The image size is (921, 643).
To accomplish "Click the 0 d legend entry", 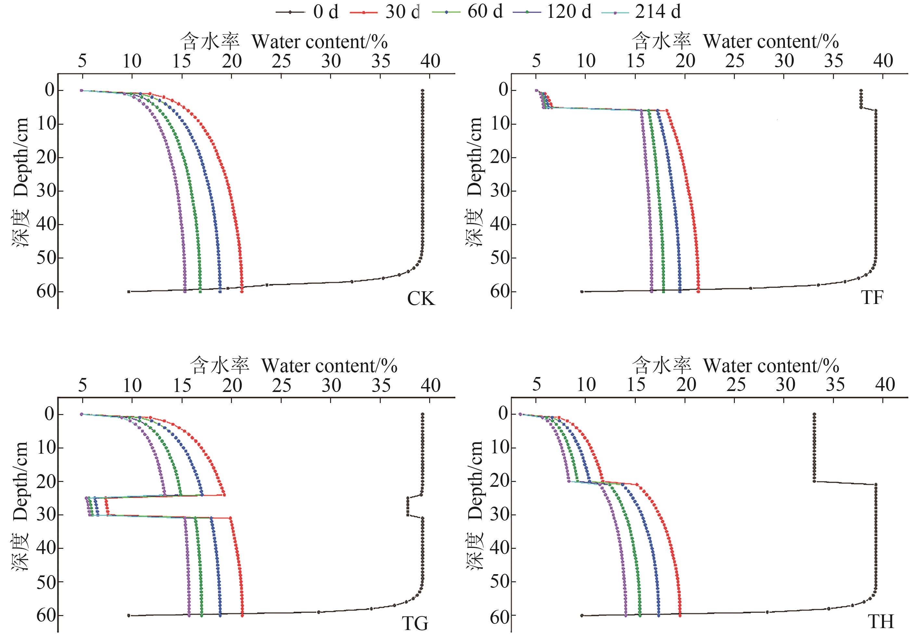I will (x=307, y=12).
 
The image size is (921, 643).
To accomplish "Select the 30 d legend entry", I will (x=385, y=12).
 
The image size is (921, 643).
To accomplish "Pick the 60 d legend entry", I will (x=467, y=12).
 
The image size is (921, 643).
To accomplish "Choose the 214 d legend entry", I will (x=641, y=12).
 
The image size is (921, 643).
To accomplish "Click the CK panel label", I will (x=421, y=299).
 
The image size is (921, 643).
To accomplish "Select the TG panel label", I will (x=415, y=624).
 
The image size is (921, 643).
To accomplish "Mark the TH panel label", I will (x=881, y=622).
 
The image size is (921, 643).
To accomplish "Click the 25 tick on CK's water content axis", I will (x=281, y=61).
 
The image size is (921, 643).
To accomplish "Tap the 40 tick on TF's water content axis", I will (x=884, y=61).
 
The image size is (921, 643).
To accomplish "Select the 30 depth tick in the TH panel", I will (x=500, y=514).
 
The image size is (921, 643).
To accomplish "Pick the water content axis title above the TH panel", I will (x=735, y=365).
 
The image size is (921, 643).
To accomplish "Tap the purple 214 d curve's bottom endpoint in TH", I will (x=625, y=615).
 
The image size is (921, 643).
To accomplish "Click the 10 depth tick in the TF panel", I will (x=500, y=123).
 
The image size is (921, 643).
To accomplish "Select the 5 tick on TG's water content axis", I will (x=82, y=386).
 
